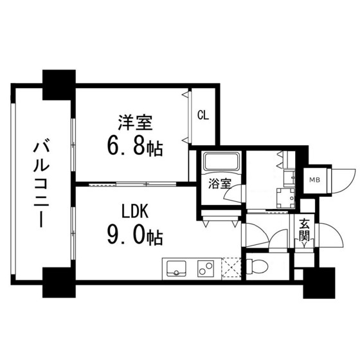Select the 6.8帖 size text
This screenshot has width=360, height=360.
pos(136,147)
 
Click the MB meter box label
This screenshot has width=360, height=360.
pos(314,180)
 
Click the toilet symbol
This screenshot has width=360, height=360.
pos(259,265)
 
